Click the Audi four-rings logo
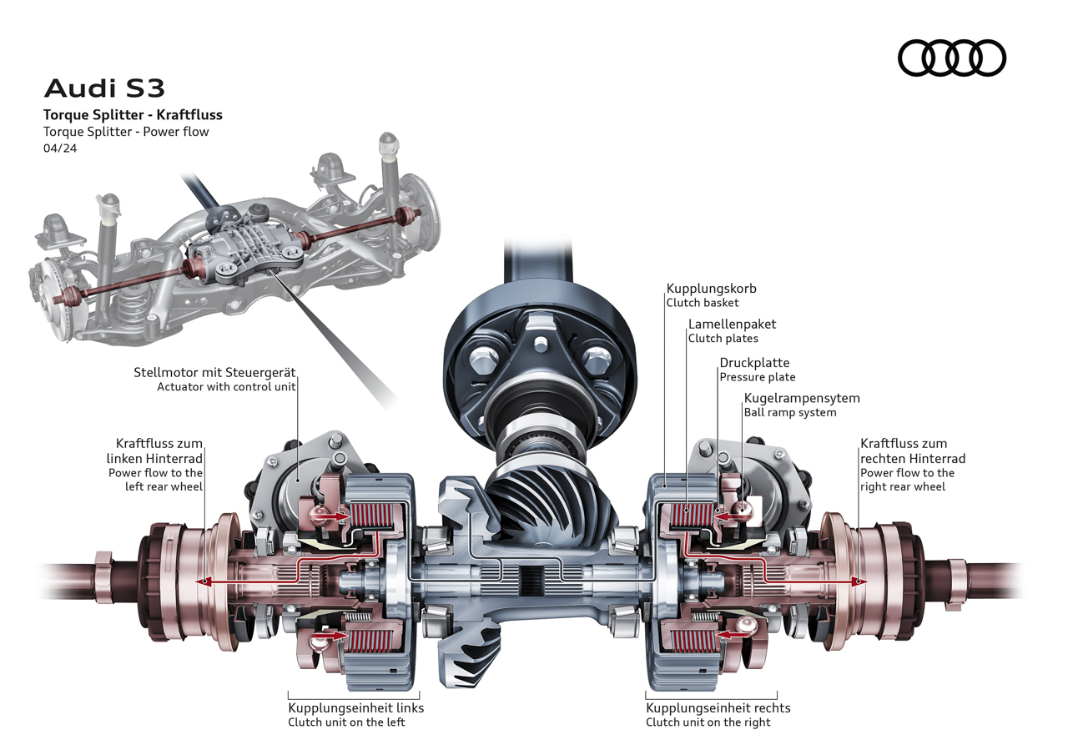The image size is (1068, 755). tap(952, 58)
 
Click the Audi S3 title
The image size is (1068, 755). tap(104, 88)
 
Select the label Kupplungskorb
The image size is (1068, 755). tap(711, 289)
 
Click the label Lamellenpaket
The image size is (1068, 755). tap(732, 324)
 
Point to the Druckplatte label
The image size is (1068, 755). tap(754, 363)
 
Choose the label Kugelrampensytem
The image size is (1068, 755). tap(801, 398)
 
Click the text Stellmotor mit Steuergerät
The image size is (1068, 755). tap(214, 372)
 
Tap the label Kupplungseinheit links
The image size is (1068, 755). tap(355, 707)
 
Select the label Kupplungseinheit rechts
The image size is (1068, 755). tap(718, 707)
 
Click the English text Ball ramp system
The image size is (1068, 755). tap(789, 412)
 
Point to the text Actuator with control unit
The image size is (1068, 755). tap(226, 386)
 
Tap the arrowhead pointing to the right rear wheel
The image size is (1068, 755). tap(857, 581)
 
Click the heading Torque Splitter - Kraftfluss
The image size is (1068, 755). tap(133, 115)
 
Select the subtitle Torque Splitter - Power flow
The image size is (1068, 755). tap(126, 132)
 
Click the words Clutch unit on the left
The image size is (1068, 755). tap(346, 722)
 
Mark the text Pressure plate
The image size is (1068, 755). tap(757, 377)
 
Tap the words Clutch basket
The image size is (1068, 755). tap(702, 303)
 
